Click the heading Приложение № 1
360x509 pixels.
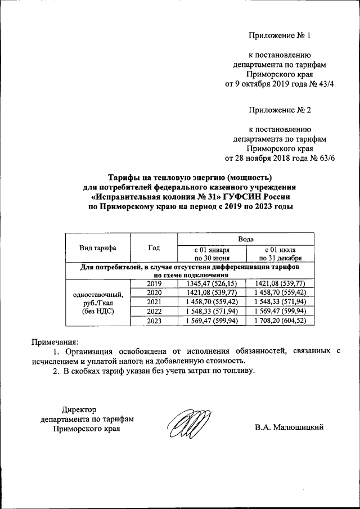point(280,36)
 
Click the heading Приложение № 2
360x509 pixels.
point(280,110)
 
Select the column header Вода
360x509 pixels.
point(246,238)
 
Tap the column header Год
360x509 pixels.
point(154,247)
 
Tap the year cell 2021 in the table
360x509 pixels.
point(154,302)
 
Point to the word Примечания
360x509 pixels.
point(55,341)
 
